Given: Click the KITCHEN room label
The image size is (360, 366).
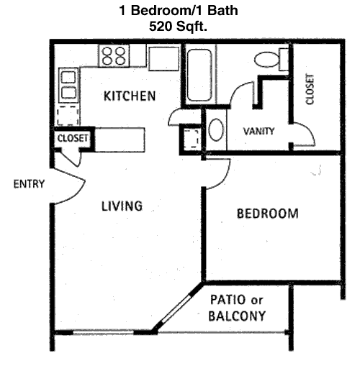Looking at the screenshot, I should pyautogui.click(x=130, y=96).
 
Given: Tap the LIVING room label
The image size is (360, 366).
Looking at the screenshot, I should pyautogui.click(x=121, y=206).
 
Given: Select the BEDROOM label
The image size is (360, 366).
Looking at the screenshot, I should pyautogui.click(x=268, y=214).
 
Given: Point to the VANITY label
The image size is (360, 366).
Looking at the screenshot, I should pyautogui.click(x=258, y=132).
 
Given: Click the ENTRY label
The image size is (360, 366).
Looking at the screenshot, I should pyautogui.click(x=29, y=184).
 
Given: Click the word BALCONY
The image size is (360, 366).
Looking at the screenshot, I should pyautogui.click(x=237, y=316).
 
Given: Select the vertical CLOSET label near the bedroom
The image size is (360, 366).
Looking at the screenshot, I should pyautogui.click(x=310, y=90).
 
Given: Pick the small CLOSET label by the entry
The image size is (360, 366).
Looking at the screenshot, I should pyautogui.click(x=73, y=137).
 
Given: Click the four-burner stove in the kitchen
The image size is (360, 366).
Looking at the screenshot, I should pyautogui.click(x=113, y=55).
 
